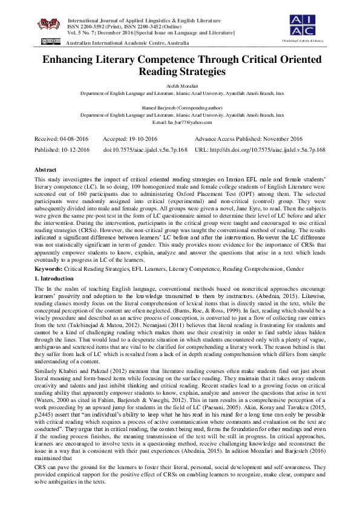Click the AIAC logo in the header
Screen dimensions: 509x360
click(x=309, y=25)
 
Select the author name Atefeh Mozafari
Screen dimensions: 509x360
click(x=180, y=87)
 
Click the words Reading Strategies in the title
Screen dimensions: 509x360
click(x=180, y=71)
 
